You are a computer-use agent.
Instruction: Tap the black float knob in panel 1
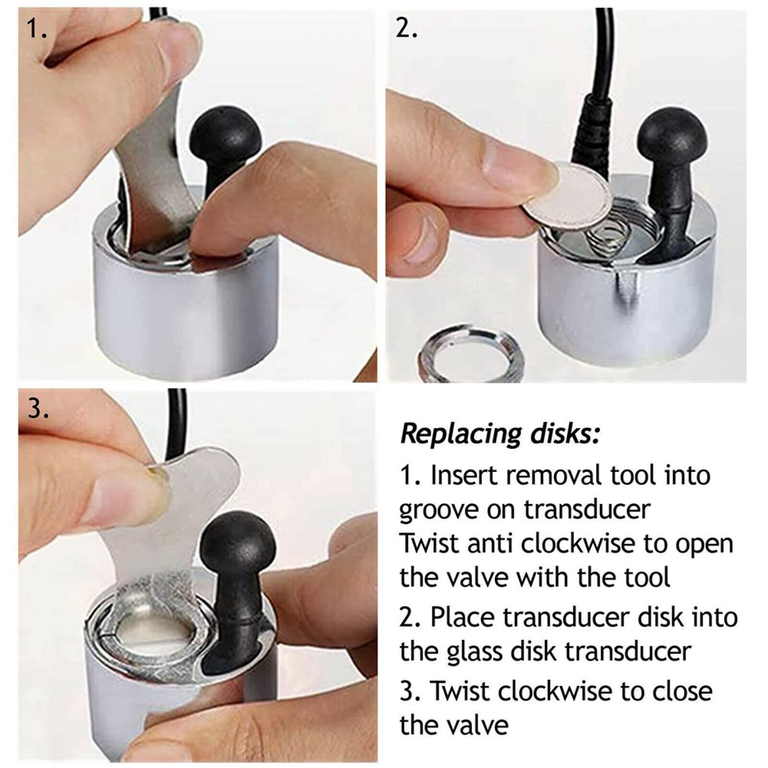[x=227, y=144]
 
